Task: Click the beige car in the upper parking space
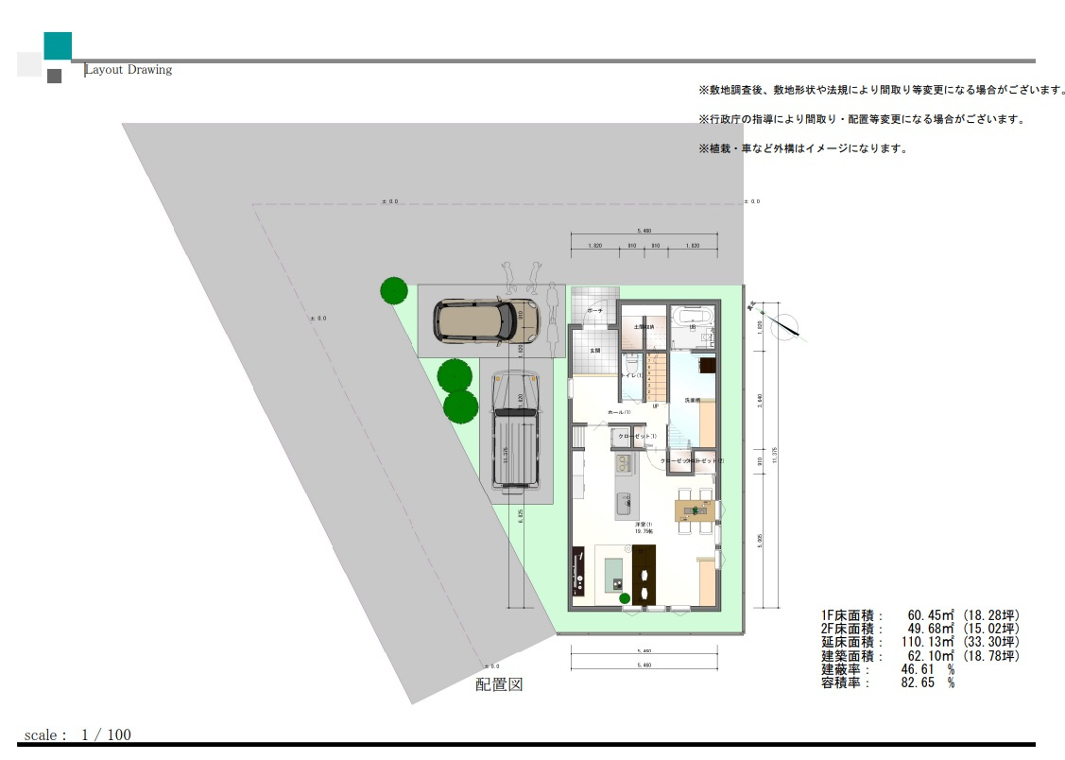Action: point(479,320)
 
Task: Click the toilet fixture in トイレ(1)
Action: point(631,362)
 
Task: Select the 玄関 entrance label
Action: point(595,350)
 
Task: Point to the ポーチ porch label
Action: point(594,310)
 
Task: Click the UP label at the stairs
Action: point(655,406)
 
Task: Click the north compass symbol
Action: point(784,323)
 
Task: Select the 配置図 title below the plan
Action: point(499,684)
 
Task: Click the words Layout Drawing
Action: point(129,70)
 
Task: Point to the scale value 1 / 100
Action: point(106,734)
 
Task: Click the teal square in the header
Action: point(58,45)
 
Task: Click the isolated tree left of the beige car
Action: point(394,290)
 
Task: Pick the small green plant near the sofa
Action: point(625,597)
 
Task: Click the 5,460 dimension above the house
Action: point(644,231)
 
